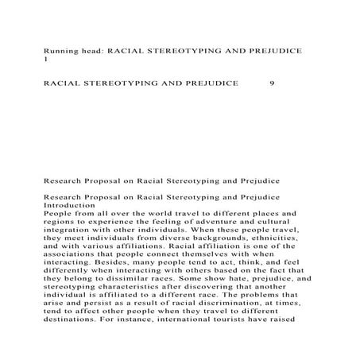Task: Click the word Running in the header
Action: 61,50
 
